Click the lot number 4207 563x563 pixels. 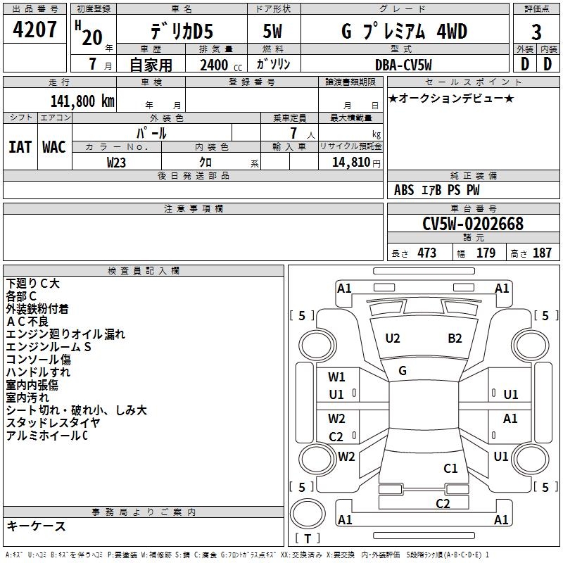coord(34,30)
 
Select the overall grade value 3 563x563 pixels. coord(536,32)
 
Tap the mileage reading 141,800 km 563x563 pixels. coord(82,101)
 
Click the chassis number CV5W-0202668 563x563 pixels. coord(473,224)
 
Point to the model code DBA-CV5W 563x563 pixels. coord(403,65)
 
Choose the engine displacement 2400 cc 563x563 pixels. coord(221,65)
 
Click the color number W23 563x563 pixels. coord(116,163)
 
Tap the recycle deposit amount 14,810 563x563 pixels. coord(350,163)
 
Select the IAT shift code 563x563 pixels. coord(20,147)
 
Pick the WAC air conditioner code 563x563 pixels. coord(54,147)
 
